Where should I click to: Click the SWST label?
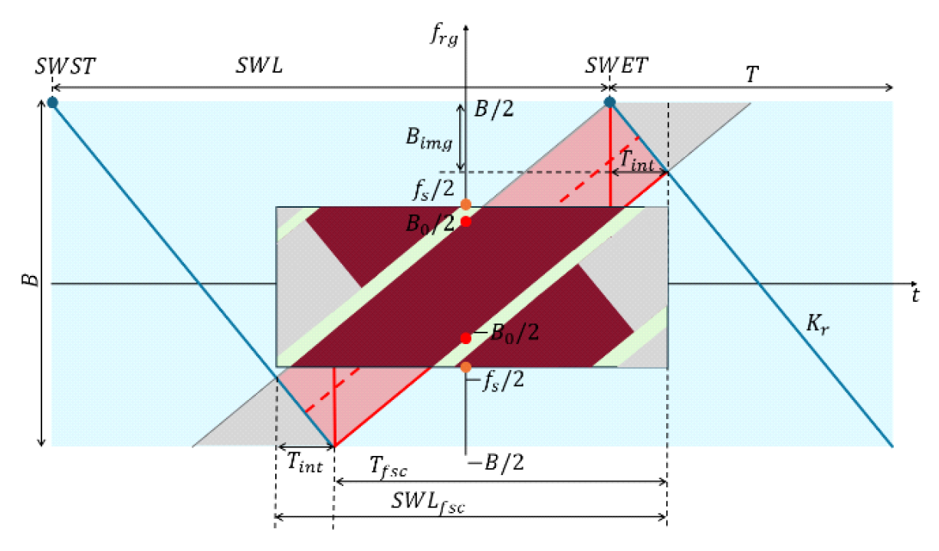pyautogui.click(x=65, y=67)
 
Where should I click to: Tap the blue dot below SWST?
pyautogui.click(x=52, y=102)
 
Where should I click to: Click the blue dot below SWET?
pyautogui.click(x=609, y=102)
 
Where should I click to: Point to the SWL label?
pyautogui.click(x=258, y=67)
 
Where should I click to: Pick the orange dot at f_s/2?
pyautogui.click(x=465, y=205)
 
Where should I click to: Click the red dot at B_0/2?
pyautogui.click(x=465, y=222)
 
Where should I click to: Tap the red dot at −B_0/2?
pyautogui.click(x=465, y=338)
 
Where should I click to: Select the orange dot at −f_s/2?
pyautogui.click(x=465, y=366)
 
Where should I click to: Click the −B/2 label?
pyautogui.click(x=495, y=463)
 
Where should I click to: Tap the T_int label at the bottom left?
pyautogui.click(x=304, y=461)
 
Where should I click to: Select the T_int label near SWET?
pyautogui.click(x=636, y=160)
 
